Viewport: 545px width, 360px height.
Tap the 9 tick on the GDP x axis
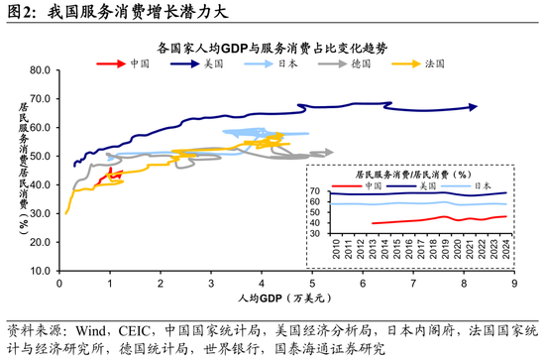[512, 283]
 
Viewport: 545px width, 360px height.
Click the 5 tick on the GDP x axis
[311, 283]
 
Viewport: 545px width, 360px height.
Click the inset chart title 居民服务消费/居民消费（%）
[416, 174]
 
